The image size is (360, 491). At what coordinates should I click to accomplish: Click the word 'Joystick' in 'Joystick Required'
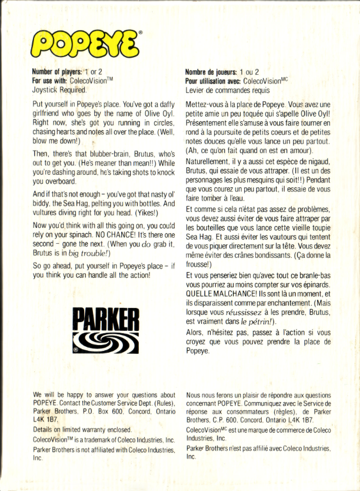(x=45, y=90)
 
